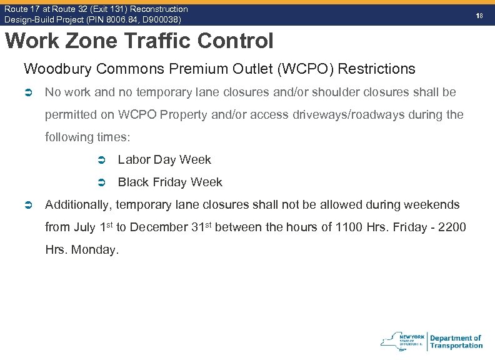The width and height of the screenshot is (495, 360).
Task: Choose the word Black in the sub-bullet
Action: pyautogui.click(x=132, y=182)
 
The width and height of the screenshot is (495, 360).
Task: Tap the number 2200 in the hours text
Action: pyautogui.click(x=453, y=227)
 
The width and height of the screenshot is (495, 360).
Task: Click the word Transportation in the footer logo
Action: pyautogui.click(x=456, y=346)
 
